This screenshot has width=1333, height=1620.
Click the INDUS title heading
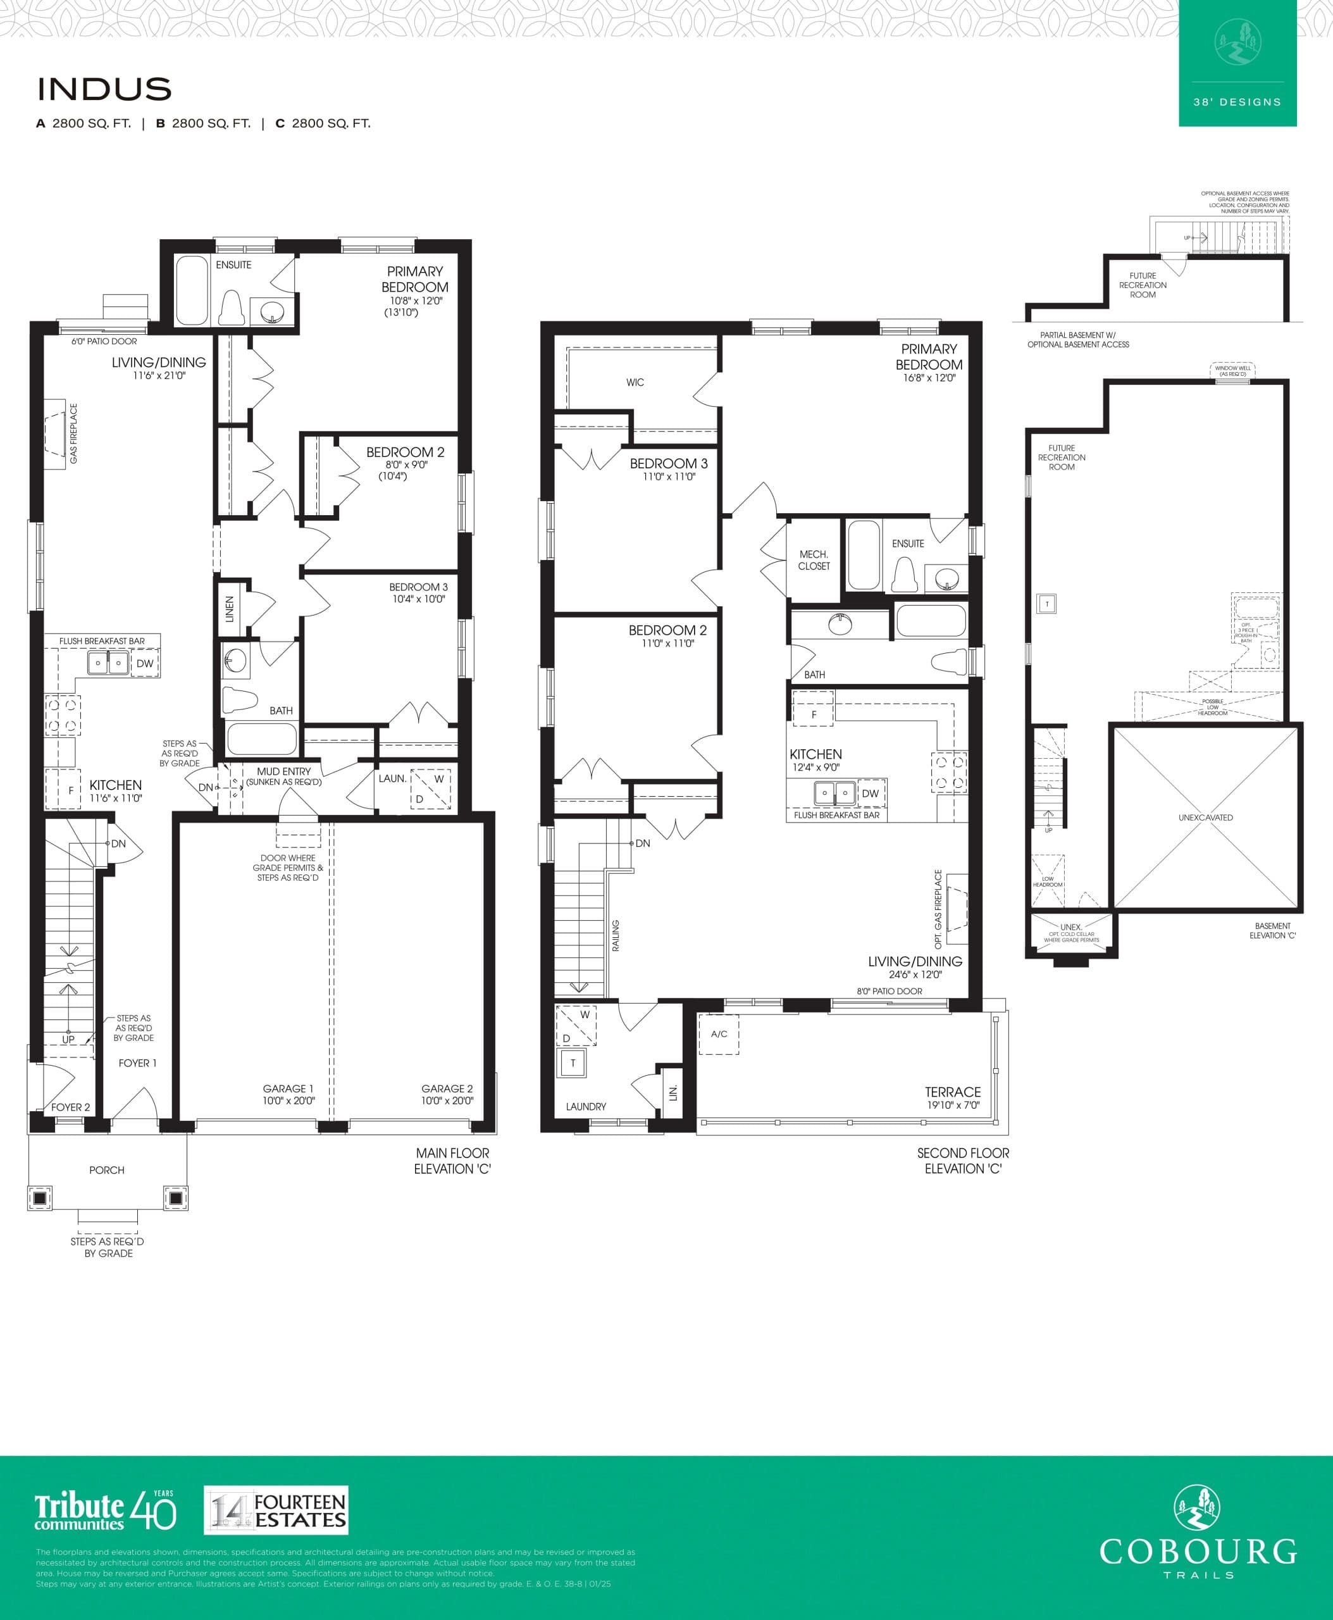click(104, 89)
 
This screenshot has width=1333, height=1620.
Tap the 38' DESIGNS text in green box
click(1237, 102)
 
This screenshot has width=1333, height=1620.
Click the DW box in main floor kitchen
click(144, 664)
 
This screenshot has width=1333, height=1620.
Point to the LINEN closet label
click(230, 609)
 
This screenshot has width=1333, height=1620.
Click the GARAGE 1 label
click(288, 1088)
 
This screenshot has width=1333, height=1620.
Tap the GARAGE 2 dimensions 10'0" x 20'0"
click(447, 1100)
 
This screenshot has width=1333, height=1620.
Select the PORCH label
click(107, 1170)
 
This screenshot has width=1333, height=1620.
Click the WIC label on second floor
click(635, 382)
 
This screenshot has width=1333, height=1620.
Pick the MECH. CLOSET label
click(814, 560)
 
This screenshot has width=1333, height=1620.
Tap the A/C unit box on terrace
click(719, 1034)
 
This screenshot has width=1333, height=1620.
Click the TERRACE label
click(952, 1092)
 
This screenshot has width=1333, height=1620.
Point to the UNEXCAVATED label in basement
click(1206, 818)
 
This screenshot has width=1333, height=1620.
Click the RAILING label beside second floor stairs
click(616, 935)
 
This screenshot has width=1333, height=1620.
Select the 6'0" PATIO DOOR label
click(104, 341)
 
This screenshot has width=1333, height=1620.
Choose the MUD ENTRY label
click(283, 771)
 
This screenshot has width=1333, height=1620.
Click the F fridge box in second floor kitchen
click(813, 714)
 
